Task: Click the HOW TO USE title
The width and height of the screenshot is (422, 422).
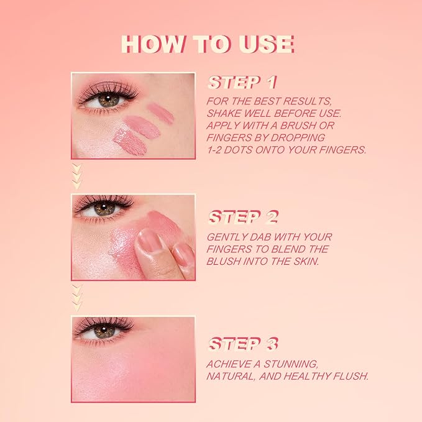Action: pyautogui.click(x=208, y=44)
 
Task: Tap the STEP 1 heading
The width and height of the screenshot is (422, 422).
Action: pyautogui.click(x=242, y=83)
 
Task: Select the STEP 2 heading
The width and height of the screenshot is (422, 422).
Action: pyautogui.click(x=243, y=217)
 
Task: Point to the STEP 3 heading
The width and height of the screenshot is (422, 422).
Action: pyautogui.click(x=243, y=344)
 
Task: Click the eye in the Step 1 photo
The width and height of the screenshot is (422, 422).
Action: pyautogui.click(x=109, y=99)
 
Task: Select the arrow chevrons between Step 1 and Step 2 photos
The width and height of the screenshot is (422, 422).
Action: pyautogui.click(x=76, y=177)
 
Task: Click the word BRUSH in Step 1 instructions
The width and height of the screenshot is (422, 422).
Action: pyautogui.click(x=309, y=126)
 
